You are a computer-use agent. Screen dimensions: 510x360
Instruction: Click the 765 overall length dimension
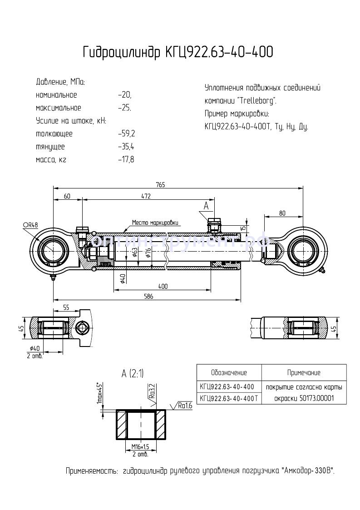[160, 184]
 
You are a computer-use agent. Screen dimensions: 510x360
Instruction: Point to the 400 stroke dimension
[163, 286]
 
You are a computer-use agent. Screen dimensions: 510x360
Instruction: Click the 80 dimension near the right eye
[282, 213]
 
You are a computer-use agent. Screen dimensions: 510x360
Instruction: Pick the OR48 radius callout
[30, 224]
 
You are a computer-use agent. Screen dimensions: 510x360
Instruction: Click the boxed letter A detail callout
[206, 206]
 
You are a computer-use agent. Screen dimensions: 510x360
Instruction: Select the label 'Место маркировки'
[155, 223]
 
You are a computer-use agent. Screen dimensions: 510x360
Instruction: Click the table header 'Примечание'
[304, 373]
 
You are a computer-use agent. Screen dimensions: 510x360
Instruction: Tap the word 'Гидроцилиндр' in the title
[120, 53]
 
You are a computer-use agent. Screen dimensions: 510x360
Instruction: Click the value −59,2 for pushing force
[126, 134]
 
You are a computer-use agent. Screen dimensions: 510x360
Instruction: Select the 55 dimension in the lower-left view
[66, 307]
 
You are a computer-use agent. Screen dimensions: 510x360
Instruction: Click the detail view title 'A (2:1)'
[133, 374]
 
